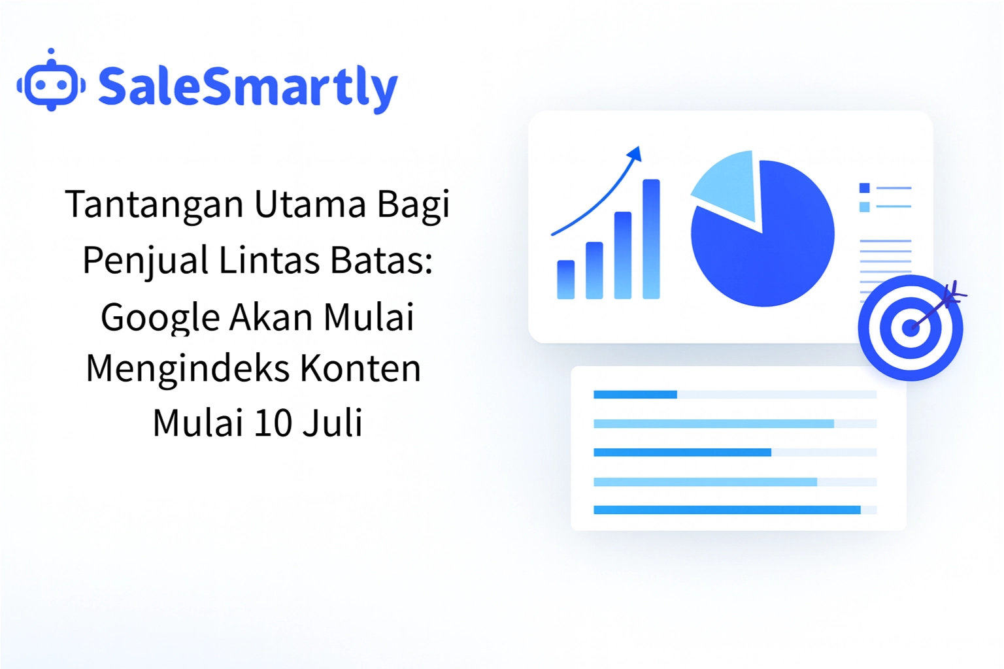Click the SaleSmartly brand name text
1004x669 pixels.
point(247,88)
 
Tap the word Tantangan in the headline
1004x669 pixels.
point(154,204)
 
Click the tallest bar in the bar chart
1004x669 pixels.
point(651,239)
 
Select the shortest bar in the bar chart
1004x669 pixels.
point(565,280)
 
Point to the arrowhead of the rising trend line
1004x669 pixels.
point(635,154)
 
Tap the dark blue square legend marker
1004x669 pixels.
point(864,188)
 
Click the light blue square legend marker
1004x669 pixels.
point(864,207)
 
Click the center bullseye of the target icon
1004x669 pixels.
point(910,328)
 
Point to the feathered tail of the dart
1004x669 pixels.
point(954,293)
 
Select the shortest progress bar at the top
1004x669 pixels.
point(635,395)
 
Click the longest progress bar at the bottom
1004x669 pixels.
point(726,510)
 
